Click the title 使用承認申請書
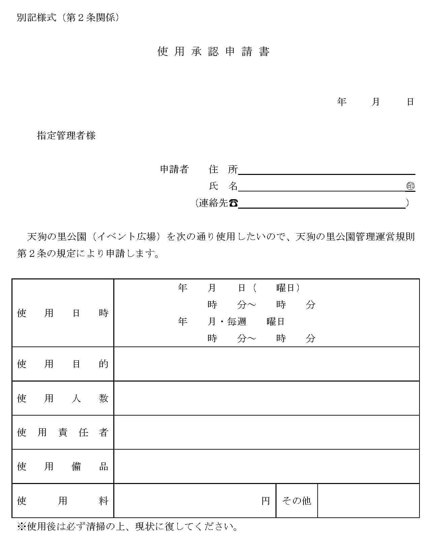pos(213,52)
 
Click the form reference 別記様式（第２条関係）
pos(68,18)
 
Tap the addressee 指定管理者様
pos(66,135)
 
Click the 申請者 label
pos(174,169)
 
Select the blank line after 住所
pos(326,171)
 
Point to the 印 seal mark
pos(410,186)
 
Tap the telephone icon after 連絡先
pos(233,203)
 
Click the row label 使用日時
pos(63,313)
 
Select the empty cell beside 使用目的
pos(266,364)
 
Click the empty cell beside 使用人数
pos(266,398)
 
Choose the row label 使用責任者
pos(63,432)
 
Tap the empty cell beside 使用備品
pos(266,466)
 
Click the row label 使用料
pos(63,501)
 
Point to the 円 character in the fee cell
pos(266,501)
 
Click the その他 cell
pos(297,501)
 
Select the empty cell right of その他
pos(368,501)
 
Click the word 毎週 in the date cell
pos(237,322)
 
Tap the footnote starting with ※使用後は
pos(128,526)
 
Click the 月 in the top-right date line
pos(376,102)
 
